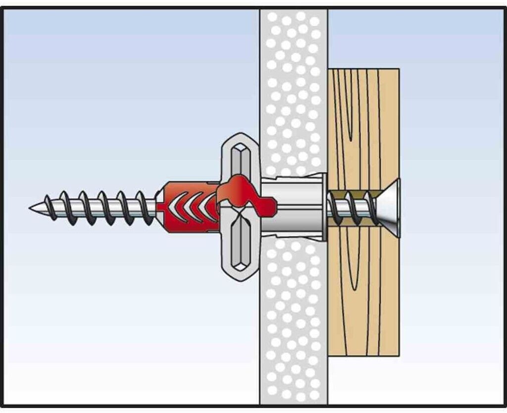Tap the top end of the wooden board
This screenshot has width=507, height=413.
tap(364, 72)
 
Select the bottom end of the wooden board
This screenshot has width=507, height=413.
tap(364, 353)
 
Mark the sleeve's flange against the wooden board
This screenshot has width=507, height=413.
tap(324, 207)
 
